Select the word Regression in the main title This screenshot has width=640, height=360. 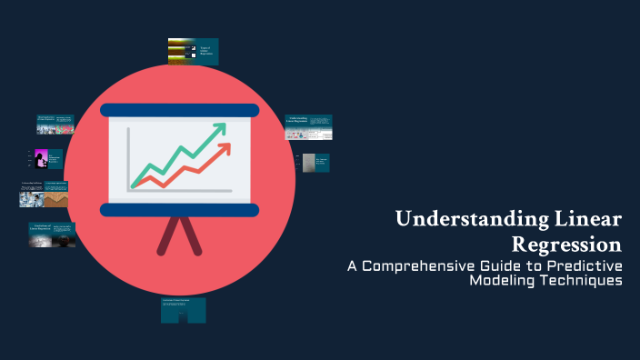567,244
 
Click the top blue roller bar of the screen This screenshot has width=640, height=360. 179,110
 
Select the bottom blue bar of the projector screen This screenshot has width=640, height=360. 179,210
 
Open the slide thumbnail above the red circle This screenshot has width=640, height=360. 193,52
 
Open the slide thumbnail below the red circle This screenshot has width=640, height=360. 183,310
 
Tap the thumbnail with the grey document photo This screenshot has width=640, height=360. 315,163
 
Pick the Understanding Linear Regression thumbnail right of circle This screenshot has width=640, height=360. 308,127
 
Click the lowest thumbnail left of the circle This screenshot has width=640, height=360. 52,235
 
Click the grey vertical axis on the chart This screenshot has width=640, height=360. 128,159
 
